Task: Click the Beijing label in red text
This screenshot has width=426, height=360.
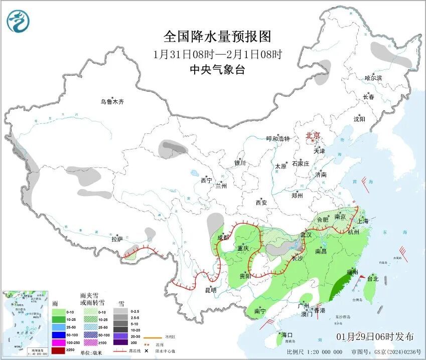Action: [313, 135]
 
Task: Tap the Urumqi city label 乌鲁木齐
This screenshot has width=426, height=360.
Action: [111, 101]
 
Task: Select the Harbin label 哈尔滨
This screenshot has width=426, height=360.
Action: [373, 78]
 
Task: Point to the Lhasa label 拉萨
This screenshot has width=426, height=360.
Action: [116, 240]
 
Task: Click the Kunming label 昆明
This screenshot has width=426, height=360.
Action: [210, 290]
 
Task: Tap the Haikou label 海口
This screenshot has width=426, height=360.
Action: [287, 334]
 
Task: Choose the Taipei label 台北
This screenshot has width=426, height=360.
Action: [373, 279]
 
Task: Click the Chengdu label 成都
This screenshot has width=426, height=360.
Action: [224, 238]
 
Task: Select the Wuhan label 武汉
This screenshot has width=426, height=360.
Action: [306, 235]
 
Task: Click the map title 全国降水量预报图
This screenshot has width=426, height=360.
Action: [217, 37]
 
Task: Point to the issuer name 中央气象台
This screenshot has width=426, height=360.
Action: [217, 70]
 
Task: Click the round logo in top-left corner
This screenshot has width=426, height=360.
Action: [18, 21]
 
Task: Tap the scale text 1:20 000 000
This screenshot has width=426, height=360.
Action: [323, 352]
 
